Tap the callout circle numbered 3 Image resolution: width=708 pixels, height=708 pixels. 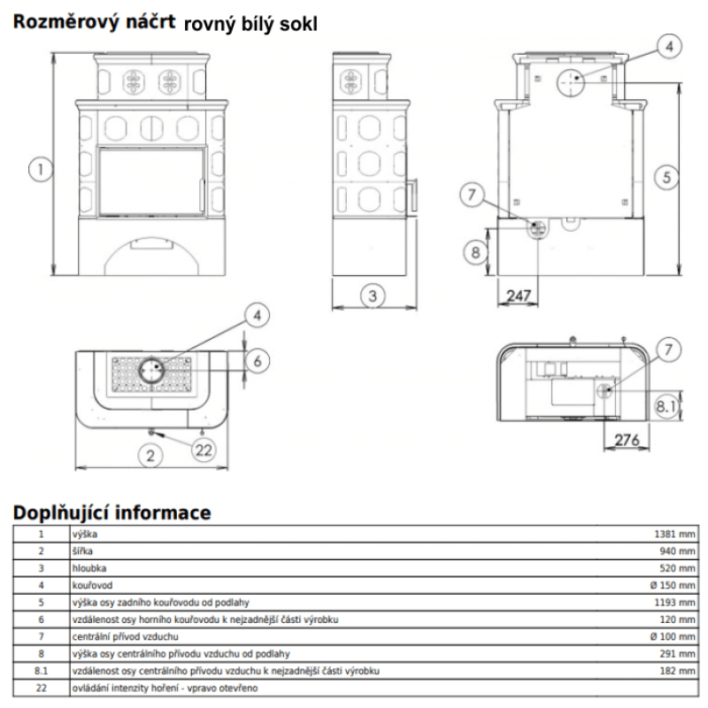point(373,295)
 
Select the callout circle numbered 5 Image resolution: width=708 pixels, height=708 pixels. point(668,176)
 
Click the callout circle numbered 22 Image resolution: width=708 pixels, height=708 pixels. point(204,450)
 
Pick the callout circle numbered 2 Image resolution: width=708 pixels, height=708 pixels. point(151,456)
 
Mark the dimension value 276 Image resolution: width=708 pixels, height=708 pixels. point(627,439)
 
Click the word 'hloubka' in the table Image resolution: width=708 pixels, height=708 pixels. point(88,567)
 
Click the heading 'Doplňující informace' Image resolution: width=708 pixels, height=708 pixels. point(112,512)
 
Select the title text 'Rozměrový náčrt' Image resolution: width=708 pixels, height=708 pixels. point(93,24)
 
